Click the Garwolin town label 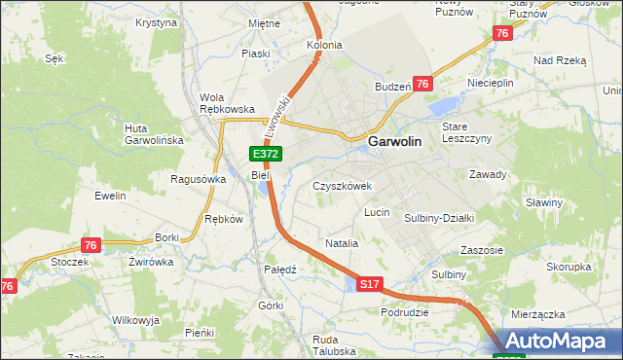point(395,142)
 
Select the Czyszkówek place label point(342,185)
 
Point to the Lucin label point(377,212)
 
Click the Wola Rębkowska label point(227,103)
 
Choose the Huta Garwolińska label point(154,134)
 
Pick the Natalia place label point(342,243)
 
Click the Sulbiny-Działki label point(439,219)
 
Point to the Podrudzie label point(406,312)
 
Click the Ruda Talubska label point(311,344)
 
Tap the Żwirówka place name point(150,262)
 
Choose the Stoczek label point(70,262)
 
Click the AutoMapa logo point(559,342)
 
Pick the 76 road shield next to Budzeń point(421,85)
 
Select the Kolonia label point(324,45)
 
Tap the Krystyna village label point(157,21)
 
